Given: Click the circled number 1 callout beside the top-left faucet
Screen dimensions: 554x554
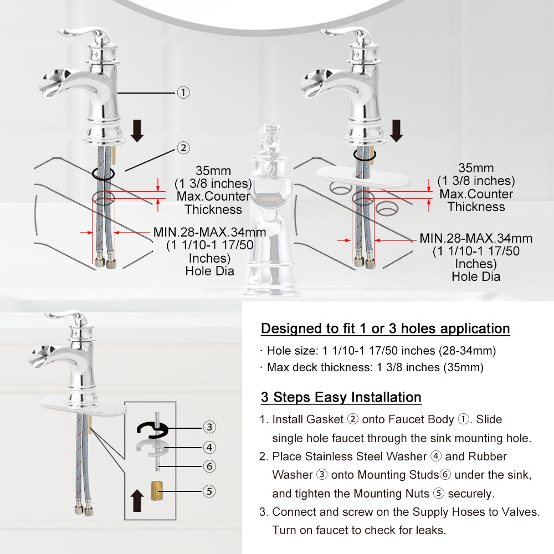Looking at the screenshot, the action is pos(183,93).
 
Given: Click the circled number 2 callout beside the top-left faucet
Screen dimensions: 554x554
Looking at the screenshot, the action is pos(183,148).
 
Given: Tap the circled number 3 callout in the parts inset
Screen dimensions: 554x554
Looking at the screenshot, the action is pos(209,427).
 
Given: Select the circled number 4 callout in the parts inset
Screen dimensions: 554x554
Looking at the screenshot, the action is pos(209,447).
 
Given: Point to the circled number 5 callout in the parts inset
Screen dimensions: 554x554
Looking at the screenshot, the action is pos(209,491).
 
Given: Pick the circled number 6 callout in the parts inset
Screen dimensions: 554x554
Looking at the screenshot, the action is pos(209,466).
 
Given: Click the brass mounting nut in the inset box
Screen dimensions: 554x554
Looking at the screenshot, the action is pos(157,490).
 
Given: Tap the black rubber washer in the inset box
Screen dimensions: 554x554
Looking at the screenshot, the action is pos(141,428).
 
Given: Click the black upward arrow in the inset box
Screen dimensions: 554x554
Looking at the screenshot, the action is pos(137,500).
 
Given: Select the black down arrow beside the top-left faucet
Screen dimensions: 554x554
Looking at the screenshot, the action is pos(137,130).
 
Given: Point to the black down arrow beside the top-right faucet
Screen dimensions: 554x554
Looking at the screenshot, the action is pos(397,130).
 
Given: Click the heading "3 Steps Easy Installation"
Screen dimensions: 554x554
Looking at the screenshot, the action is pos(341,397).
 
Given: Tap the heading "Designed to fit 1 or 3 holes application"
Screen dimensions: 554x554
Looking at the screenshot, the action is pos(386,329).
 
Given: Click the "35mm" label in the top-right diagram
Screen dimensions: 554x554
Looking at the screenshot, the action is pos(476,168).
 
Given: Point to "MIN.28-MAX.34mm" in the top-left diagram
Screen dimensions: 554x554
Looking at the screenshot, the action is pos(209,232).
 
